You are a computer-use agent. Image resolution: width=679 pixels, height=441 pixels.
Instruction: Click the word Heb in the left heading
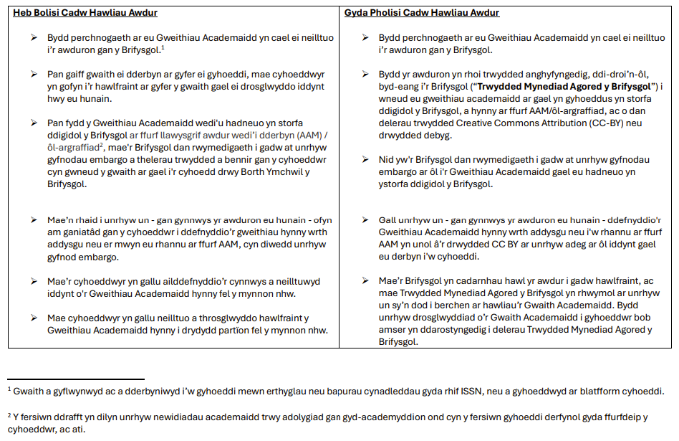(23, 13)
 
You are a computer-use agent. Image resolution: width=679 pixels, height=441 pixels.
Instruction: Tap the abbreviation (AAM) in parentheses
(305, 134)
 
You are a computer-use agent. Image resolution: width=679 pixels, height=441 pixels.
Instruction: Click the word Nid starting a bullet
(387, 160)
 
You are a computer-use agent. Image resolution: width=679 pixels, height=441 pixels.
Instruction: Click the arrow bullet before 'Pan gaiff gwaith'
(34, 74)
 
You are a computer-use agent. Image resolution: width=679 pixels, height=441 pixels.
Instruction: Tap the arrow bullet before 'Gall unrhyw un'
(365, 220)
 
